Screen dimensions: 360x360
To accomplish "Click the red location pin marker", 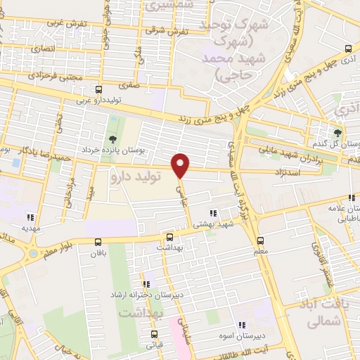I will [181, 165].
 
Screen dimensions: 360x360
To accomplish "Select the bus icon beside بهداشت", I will [169, 237].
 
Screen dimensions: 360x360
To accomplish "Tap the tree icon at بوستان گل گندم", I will [338, 133].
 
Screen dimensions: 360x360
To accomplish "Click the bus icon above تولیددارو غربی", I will [99, 89].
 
